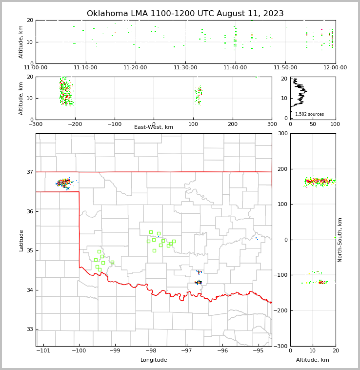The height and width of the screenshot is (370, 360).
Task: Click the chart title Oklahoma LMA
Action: tap(185, 14)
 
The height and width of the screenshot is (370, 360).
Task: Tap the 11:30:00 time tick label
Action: tap(185, 67)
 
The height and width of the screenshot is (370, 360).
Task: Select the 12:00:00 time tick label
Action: tap(335, 67)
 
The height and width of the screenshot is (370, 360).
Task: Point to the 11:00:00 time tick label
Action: tap(36, 67)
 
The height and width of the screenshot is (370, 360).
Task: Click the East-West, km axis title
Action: tap(154, 127)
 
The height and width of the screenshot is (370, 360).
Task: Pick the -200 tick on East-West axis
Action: tap(75, 124)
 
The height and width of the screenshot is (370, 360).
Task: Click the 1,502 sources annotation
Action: tap(309, 114)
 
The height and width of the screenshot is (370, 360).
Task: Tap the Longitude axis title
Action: tap(154, 360)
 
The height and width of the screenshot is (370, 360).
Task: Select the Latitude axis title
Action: tap(21, 240)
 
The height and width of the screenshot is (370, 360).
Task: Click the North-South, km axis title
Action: tap(340, 240)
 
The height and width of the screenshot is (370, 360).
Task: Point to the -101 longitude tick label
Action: tap(43, 351)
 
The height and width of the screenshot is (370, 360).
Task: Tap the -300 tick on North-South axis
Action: tap(282, 346)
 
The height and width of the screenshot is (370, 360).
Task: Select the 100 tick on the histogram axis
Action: tap(335, 124)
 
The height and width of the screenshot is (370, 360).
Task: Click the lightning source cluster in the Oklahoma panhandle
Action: tap(64, 183)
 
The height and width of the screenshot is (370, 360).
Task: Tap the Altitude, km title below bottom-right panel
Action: tap(313, 360)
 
